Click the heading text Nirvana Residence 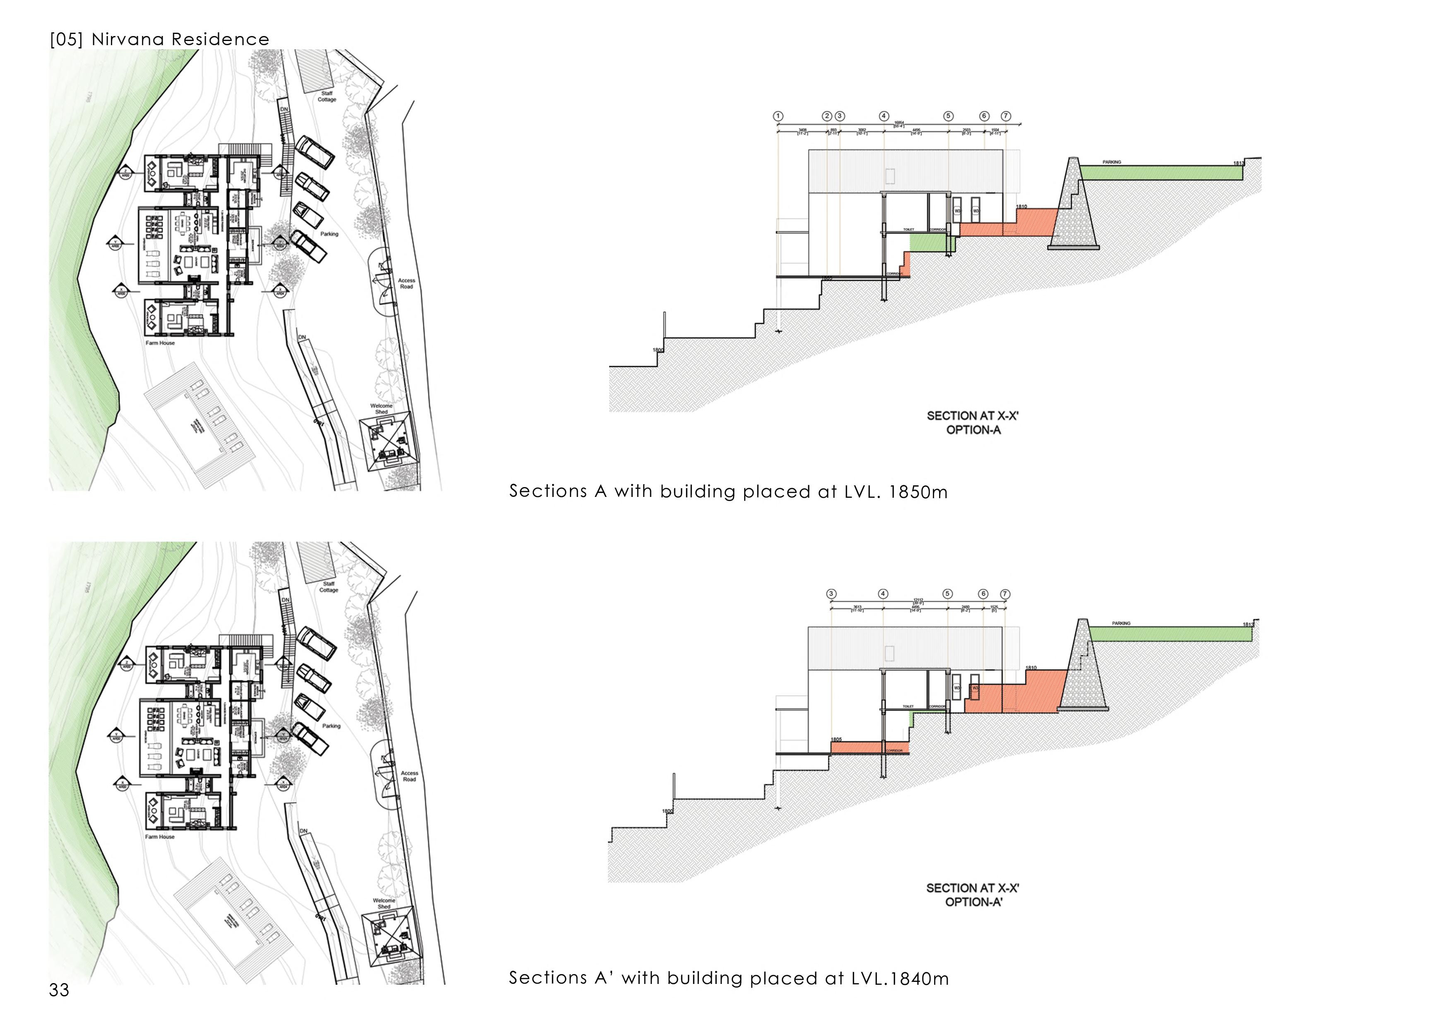tap(180, 39)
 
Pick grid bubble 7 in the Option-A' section tap(1005, 594)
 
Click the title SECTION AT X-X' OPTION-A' tap(973, 895)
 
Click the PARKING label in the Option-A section tap(1112, 162)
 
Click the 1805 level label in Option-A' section tap(836, 739)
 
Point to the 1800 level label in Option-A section tap(658, 350)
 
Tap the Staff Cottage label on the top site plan tap(327, 96)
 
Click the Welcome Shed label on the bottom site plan tap(384, 903)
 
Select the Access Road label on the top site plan tap(406, 283)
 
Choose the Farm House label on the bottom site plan tap(160, 837)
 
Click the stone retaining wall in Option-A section tap(1074, 209)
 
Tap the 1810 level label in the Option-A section tap(1022, 207)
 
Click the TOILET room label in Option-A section tap(909, 229)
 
